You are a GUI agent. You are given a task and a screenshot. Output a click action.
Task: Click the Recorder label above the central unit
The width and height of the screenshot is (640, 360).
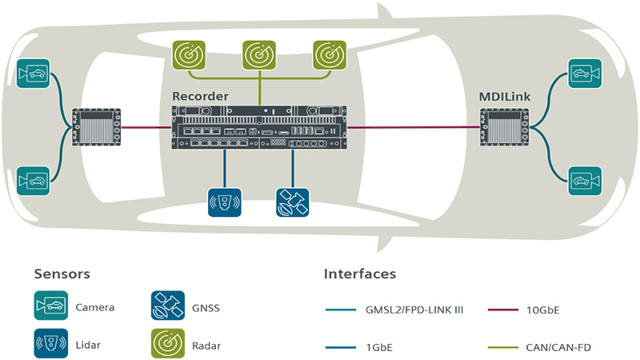click(201, 96)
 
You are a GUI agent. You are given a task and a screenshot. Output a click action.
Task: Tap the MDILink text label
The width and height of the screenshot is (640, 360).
click(502, 96)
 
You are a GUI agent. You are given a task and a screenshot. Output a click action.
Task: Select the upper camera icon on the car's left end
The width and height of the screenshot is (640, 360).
click(34, 74)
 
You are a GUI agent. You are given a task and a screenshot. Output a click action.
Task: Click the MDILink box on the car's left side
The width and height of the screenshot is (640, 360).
click(97, 126)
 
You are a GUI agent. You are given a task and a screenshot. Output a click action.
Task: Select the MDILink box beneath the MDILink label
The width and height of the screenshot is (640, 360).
click(502, 126)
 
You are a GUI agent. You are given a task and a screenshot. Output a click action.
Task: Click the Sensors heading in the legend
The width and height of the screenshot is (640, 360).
click(62, 274)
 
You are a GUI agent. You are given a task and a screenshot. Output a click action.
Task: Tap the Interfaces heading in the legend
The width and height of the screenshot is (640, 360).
click(360, 274)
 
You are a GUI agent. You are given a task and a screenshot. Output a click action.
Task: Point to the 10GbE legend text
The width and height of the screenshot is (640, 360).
click(544, 308)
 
